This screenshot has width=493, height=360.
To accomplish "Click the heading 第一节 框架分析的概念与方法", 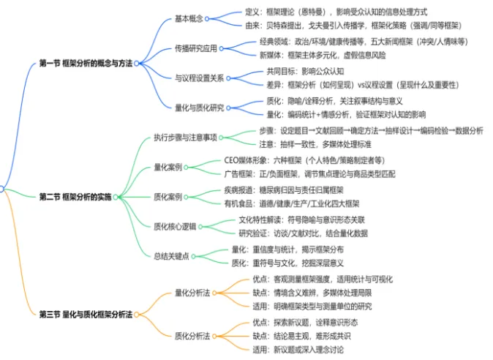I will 86,64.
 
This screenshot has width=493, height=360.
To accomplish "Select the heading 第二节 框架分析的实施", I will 76,197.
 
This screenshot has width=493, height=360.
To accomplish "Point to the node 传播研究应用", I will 196,49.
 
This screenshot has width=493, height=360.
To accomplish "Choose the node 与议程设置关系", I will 199,78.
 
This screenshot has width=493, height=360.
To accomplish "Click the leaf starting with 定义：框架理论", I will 336,12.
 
